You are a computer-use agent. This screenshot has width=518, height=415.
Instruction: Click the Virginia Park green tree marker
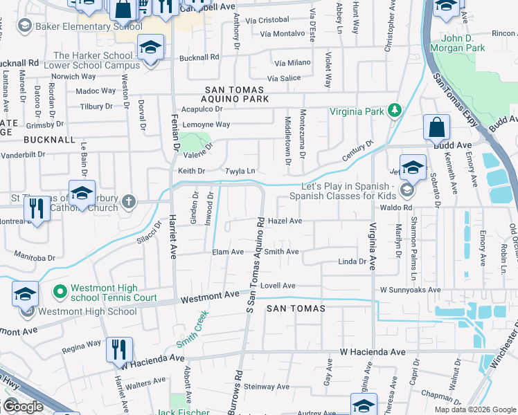click(395, 110)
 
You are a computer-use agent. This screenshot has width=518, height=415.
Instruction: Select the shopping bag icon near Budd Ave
click(437, 128)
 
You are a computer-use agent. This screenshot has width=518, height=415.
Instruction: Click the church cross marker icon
click(128, 202)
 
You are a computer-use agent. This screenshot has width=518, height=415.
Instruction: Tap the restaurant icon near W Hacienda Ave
click(119, 351)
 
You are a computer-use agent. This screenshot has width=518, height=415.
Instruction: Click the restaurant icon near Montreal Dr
click(36, 210)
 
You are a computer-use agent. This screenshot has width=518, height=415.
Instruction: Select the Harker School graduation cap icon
click(150, 48)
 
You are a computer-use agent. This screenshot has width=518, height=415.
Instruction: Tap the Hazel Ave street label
click(285, 221)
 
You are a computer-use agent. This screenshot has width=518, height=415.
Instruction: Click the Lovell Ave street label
click(278, 286)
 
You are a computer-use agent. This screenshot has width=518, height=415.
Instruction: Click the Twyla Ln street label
click(240, 171)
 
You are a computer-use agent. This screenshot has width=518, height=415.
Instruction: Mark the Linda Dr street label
click(351, 261)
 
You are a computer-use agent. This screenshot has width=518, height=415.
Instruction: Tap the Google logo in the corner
click(22, 407)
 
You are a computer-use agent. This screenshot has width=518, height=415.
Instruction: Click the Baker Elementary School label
click(80, 26)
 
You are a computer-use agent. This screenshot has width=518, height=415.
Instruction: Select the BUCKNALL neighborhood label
click(49, 139)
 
